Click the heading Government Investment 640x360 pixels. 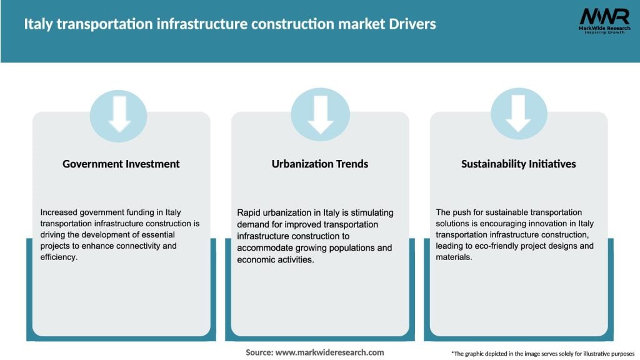pos(121,164)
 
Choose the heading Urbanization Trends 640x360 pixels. pos(320,164)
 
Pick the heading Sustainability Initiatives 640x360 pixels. pos(519,164)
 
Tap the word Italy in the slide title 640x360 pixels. pos(39,24)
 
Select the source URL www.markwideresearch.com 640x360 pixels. pos(330,352)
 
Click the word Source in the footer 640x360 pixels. pos(259,352)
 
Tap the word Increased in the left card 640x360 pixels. pos(58,212)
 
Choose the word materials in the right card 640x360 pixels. pos(454,257)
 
